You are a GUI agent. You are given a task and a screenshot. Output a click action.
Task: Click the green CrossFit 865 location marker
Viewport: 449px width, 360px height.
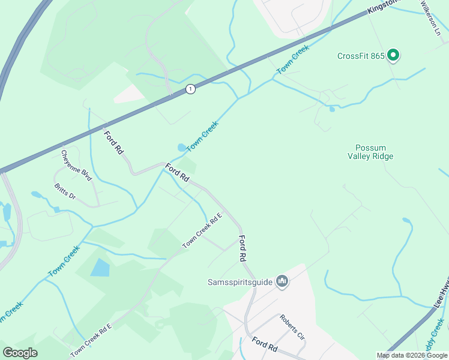[393, 56]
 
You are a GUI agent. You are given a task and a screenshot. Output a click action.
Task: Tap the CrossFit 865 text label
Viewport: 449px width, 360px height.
[361, 56]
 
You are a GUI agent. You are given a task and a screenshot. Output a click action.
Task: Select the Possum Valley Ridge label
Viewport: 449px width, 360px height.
[370, 152]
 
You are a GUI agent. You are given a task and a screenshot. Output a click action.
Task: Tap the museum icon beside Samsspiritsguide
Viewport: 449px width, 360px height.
[282, 281]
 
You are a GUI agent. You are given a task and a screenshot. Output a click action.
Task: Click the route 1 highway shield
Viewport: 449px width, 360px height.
[190, 89]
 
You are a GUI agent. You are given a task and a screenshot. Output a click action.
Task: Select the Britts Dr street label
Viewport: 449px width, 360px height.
[65, 192]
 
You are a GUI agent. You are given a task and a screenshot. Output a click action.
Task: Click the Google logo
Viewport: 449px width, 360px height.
[20, 353]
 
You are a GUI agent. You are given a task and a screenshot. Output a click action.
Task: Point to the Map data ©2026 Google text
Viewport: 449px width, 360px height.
[412, 355]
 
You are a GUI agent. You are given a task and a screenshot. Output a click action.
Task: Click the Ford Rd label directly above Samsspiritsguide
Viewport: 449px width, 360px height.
[242, 248]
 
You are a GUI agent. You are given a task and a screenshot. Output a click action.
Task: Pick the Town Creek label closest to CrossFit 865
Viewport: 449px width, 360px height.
[293, 60]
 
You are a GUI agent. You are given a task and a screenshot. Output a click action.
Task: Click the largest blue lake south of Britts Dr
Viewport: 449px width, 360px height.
[100, 267]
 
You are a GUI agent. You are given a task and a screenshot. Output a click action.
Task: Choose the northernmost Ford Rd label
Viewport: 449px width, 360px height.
[113, 144]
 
